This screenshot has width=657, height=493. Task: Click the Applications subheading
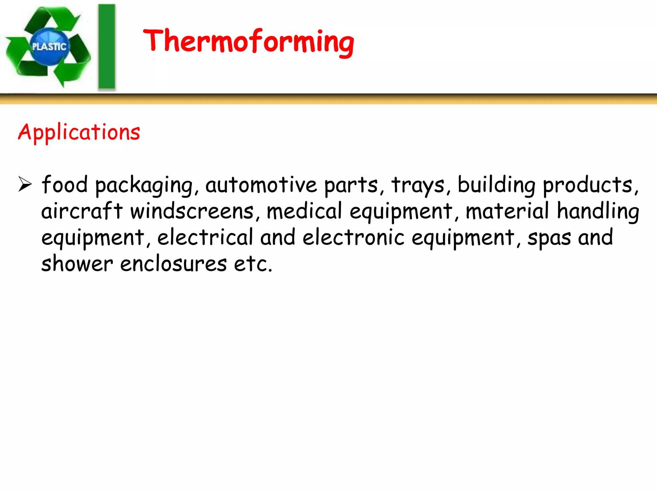[79, 132]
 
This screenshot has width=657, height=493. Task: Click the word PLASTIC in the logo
[49, 47]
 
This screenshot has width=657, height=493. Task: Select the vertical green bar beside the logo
[107, 47]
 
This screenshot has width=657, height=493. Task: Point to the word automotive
[261, 185]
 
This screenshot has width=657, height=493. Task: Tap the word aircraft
[82, 211]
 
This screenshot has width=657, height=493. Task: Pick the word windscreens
[192, 211]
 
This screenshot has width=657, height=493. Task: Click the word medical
[304, 211]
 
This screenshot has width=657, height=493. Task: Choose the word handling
[598, 211]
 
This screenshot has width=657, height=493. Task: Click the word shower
[77, 264]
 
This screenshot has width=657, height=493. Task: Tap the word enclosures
[174, 264]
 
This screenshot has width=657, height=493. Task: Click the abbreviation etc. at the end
[253, 264]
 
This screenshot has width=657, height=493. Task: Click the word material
[507, 211]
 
